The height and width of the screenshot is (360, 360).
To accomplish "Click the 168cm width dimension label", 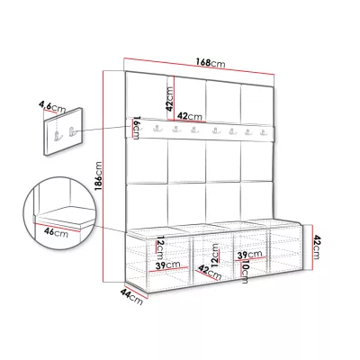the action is (x=211, y=62).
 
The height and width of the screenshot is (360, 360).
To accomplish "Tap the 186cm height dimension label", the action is (x=98, y=176).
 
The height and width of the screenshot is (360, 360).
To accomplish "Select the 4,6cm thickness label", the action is (x=52, y=107).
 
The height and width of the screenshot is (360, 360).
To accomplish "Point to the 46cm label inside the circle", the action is (x=56, y=232).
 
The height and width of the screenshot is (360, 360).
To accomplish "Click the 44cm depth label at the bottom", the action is (x=131, y=296).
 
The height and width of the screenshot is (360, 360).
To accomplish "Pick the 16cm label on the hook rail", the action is (x=137, y=128).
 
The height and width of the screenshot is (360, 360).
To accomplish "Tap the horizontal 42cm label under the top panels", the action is (x=190, y=116).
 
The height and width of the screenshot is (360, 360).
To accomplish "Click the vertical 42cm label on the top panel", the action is (x=170, y=99).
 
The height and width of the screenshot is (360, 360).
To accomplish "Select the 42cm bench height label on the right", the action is (x=317, y=247).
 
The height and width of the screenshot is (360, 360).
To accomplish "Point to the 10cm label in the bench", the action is (x=245, y=272).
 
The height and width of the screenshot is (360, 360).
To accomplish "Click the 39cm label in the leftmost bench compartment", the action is (x=167, y=265).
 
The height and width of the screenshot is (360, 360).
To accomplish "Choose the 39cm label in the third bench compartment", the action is (x=249, y=255).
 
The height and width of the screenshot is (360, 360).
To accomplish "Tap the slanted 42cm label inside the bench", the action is (x=210, y=273).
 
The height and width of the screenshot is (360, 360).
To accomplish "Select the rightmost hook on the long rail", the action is (x=263, y=132).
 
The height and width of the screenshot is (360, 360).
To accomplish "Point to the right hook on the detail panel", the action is (x=72, y=131).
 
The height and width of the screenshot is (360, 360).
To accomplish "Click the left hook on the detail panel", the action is (x=57, y=136).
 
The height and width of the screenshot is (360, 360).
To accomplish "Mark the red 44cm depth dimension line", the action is (x=136, y=291).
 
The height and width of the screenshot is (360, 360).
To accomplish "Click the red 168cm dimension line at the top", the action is (x=199, y=66).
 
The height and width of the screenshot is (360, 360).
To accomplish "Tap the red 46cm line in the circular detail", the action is (x=57, y=228).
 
